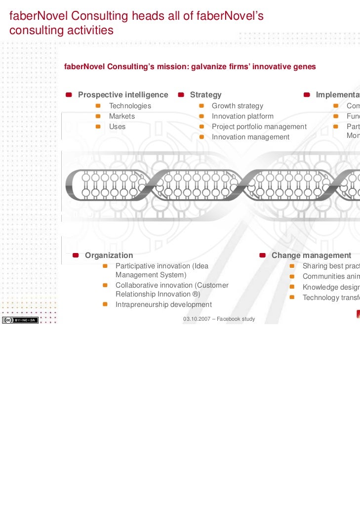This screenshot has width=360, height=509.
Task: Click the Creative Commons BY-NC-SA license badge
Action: click(x=20, y=320)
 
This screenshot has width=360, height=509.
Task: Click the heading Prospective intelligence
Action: click(x=123, y=95)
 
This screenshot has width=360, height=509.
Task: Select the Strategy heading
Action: click(x=205, y=95)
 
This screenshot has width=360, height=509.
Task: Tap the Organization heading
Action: click(x=109, y=255)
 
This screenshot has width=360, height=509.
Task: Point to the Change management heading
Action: click(x=311, y=255)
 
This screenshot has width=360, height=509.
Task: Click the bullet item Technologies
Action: click(x=130, y=106)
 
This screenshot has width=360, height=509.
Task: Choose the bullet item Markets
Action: click(x=121, y=116)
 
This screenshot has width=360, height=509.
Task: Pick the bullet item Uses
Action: click(x=117, y=127)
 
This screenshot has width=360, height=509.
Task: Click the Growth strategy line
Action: click(x=238, y=106)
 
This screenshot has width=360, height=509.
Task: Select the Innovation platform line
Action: click(x=242, y=116)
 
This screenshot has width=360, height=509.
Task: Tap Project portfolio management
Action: click(x=259, y=127)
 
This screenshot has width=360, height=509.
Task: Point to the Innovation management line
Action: click(x=250, y=137)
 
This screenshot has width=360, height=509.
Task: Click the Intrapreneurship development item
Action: click(x=163, y=304)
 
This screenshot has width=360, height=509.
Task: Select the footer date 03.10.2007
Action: click(x=197, y=319)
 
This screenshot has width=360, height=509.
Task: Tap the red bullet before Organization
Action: click(x=76, y=255)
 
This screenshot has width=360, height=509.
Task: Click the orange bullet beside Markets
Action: click(x=98, y=116)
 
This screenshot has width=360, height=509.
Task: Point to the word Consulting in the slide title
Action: click(x=102, y=17)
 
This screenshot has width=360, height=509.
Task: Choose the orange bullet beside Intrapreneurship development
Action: click(x=105, y=304)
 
